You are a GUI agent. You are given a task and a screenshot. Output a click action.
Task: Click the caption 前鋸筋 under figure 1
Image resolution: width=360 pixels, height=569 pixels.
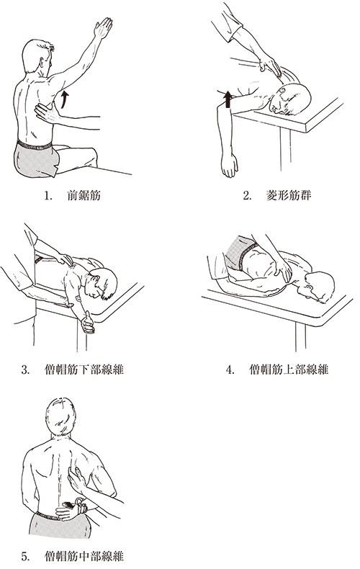coord(84,196)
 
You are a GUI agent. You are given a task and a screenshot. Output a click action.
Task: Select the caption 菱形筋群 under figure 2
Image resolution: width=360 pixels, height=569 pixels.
coord(289,196)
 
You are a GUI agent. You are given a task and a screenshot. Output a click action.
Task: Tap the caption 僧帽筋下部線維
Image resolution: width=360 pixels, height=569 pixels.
coord(84,369)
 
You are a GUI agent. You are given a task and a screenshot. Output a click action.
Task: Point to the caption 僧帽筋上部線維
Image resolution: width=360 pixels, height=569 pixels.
coord(289,369)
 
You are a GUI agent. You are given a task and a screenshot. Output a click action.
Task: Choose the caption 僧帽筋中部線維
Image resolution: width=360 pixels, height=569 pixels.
coord(84,556)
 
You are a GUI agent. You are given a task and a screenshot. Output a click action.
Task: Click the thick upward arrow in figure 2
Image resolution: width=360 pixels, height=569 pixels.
coord(228,99)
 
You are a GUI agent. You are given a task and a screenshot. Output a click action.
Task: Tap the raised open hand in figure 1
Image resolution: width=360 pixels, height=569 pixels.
coord(103,27)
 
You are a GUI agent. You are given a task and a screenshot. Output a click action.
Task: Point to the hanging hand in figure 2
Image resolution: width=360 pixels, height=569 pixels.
coord(230,166)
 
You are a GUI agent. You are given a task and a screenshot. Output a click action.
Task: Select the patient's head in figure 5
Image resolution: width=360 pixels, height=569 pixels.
coord(61,416)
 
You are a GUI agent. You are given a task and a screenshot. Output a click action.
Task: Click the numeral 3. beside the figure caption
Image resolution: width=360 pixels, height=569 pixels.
coord(25,370)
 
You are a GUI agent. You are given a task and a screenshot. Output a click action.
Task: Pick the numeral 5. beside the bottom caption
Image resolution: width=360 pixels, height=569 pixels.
coord(25,556)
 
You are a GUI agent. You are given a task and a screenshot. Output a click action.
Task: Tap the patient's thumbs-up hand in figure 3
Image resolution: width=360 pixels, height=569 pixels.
coord(87,323)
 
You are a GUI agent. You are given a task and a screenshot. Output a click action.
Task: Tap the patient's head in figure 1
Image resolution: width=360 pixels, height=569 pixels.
coord(37,56)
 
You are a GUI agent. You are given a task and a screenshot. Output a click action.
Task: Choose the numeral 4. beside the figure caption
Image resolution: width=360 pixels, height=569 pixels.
coord(230,370)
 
